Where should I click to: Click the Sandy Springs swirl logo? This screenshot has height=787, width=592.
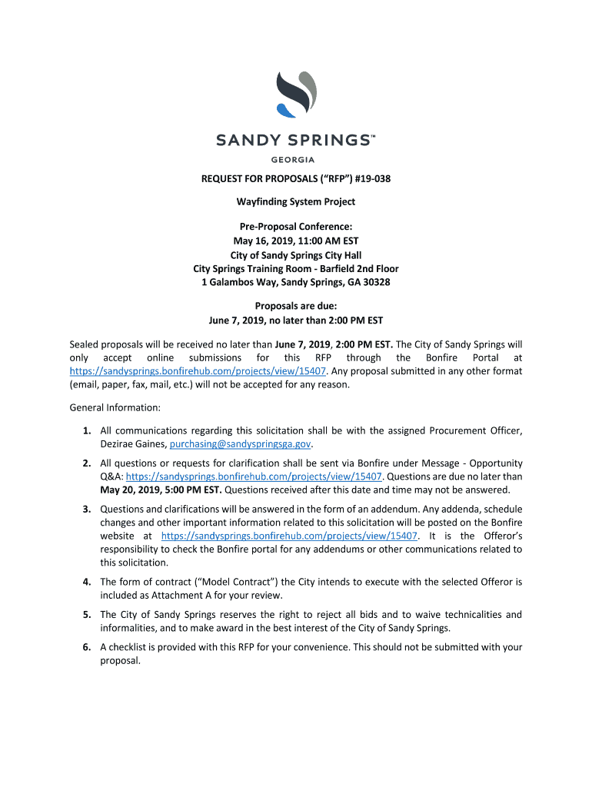point(295,93)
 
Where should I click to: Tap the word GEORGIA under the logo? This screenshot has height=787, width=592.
point(295,159)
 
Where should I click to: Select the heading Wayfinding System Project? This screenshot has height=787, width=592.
point(295,202)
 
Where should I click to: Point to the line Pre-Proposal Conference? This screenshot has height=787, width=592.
point(295,227)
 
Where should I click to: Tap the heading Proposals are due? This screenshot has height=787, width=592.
point(295,306)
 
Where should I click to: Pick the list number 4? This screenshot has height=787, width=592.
point(88,582)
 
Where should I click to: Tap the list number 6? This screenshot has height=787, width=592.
point(88,647)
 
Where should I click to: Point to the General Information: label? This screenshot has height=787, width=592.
point(115,407)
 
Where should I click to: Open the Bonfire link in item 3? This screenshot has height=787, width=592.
point(289,535)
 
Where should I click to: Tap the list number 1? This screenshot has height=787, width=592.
point(88,430)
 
